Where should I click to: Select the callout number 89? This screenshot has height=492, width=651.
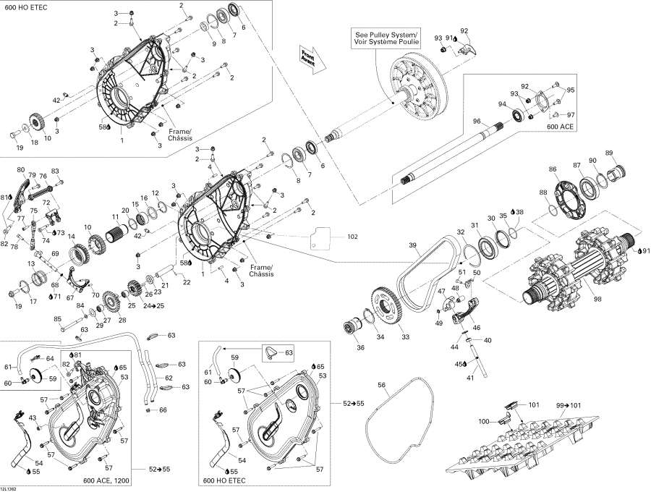pyautogui.click(x=609, y=153)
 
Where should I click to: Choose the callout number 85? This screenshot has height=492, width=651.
pyautogui.click(x=58, y=319)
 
